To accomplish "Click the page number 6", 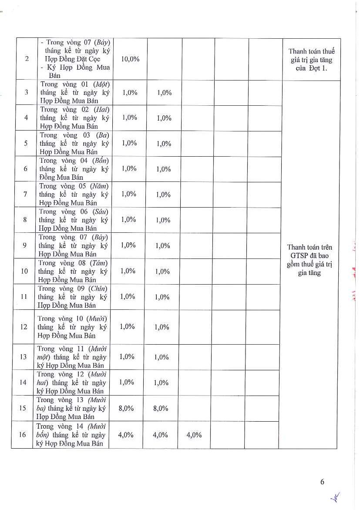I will tap(322, 481).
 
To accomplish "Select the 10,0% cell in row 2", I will tap(130, 59).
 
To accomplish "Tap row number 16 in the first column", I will tap(23, 434).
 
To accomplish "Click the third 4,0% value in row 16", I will tap(194, 435).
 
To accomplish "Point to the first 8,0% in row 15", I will tap(126, 408).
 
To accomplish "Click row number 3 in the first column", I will tap(26, 92).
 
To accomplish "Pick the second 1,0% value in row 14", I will tap(161, 382).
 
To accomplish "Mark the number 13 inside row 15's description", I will tap(80, 400).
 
